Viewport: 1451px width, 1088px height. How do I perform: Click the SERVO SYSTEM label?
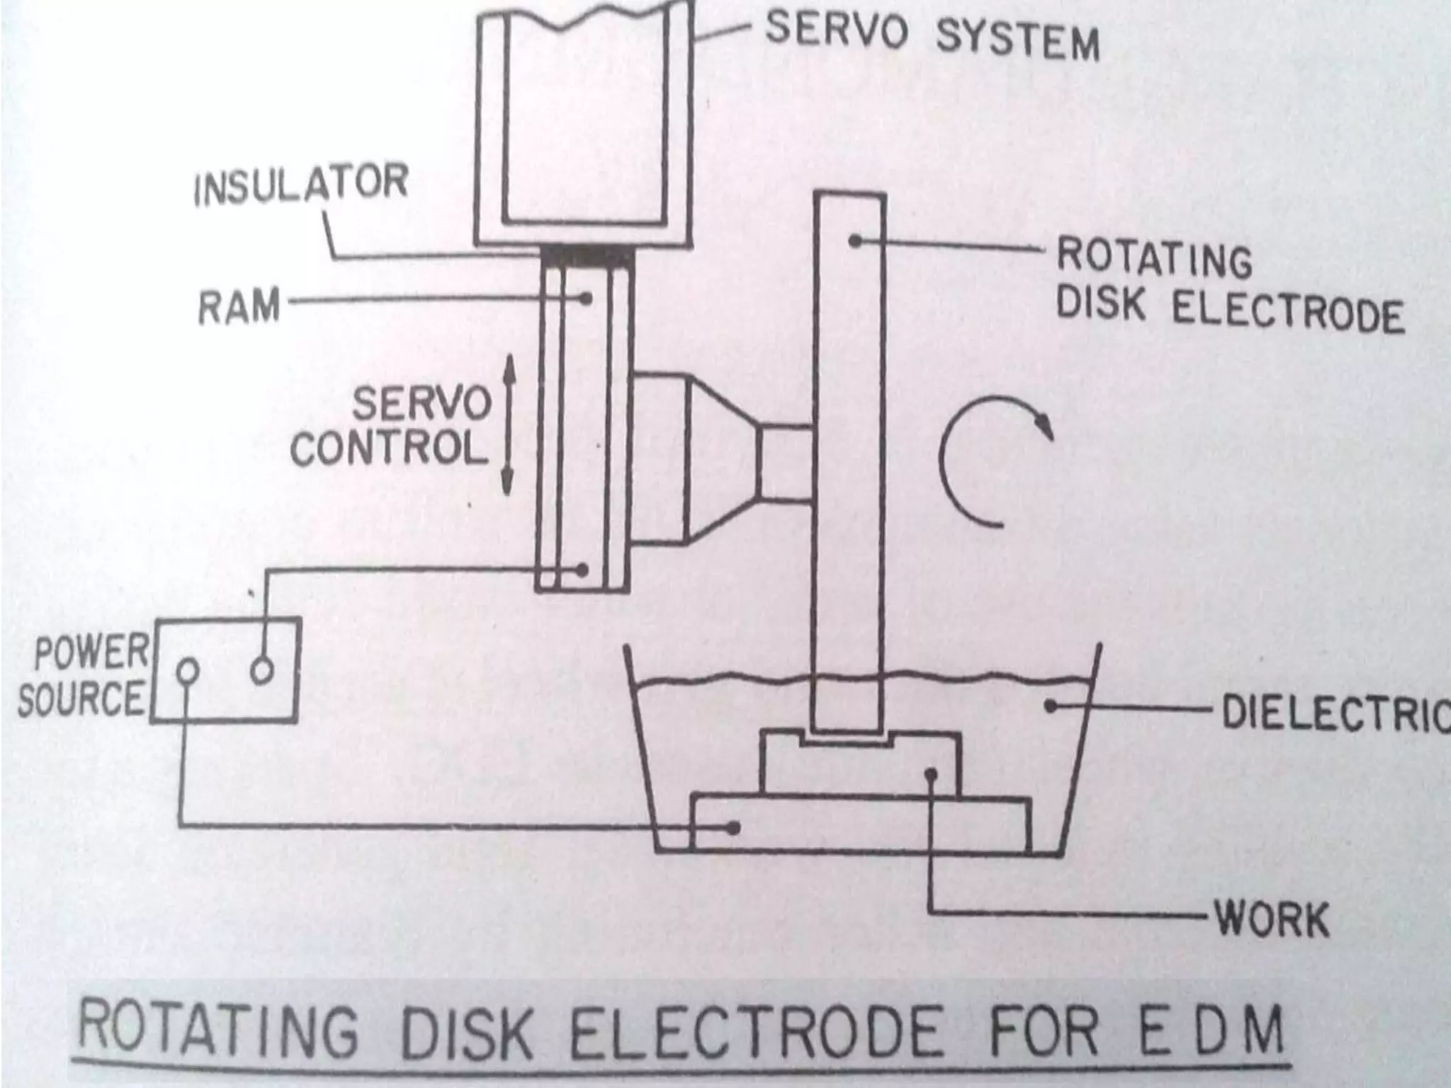(x=932, y=35)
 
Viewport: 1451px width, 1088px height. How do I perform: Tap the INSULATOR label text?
(x=302, y=184)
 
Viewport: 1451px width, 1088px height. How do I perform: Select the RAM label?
(x=239, y=308)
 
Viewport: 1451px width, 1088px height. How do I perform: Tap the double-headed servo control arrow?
(x=507, y=424)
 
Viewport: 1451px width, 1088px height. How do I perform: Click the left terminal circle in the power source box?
(x=187, y=671)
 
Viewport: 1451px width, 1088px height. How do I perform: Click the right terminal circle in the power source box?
(x=261, y=671)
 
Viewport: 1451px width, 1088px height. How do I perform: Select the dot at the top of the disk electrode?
(x=855, y=241)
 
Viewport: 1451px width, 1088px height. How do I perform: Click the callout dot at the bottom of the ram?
(x=583, y=569)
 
